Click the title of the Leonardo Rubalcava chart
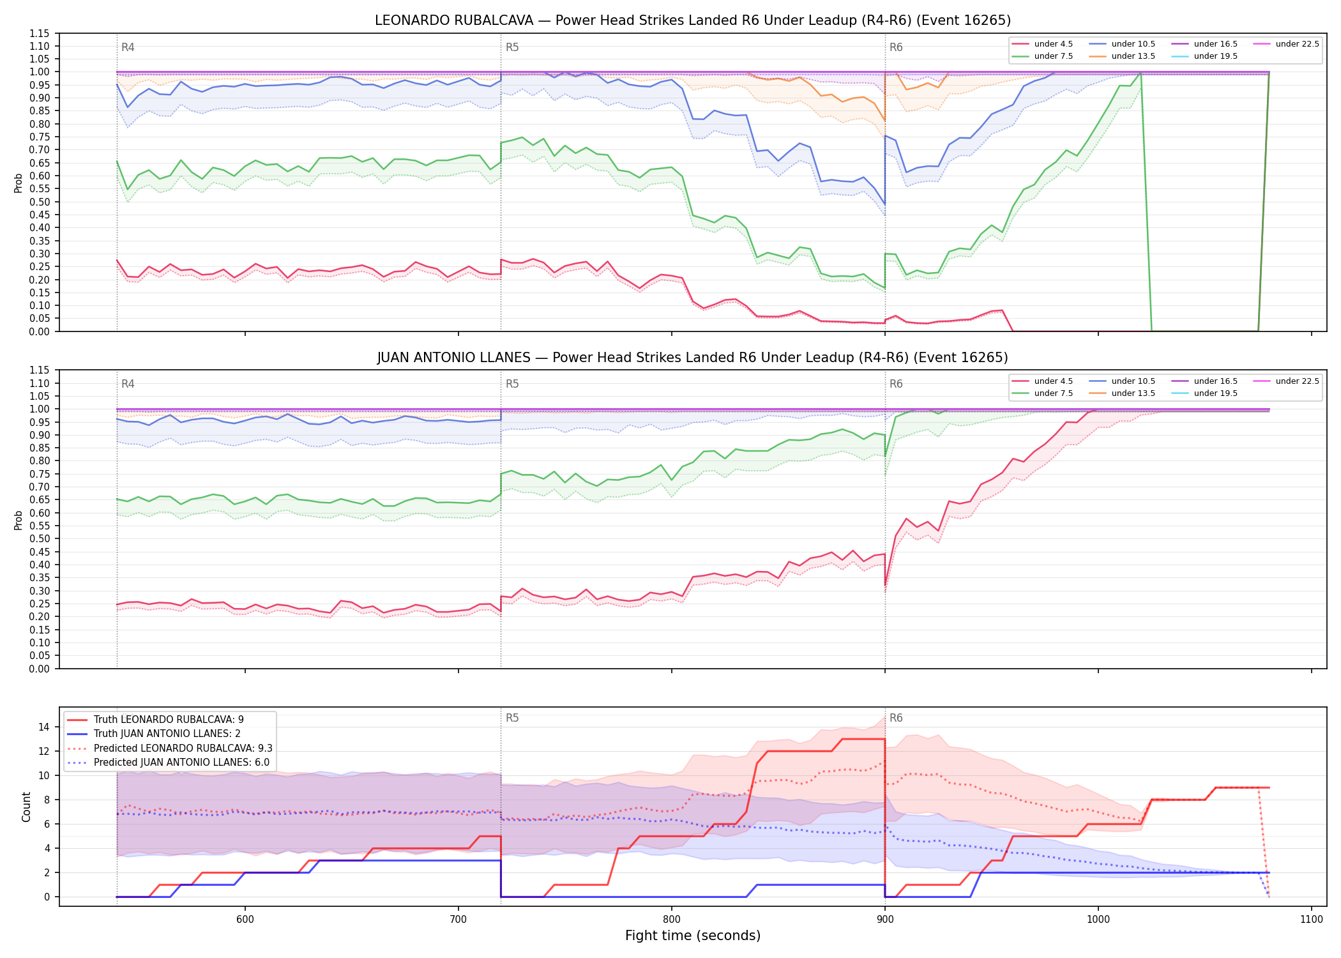coord(693,20)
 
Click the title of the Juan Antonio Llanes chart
coord(693,358)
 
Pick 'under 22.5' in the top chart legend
coord(1297,44)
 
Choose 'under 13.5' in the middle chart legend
coord(1133,393)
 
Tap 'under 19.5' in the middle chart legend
coord(1216,393)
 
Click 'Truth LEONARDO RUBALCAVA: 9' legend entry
coord(169,720)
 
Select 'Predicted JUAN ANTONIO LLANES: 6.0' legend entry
coord(181,763)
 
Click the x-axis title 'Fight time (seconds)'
coord(693,936)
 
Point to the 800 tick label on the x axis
coord(671,919)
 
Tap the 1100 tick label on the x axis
coord(1311,919)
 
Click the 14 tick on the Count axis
coord(44,727)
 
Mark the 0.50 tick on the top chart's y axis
coord(40,202)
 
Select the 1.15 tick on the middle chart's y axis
coord(40,370)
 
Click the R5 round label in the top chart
coord(512,47)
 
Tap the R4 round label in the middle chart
coord(128,384)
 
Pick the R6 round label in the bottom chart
coord(896,718)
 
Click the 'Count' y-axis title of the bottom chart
coord(26,807)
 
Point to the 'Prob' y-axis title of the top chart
coord(19,183)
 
